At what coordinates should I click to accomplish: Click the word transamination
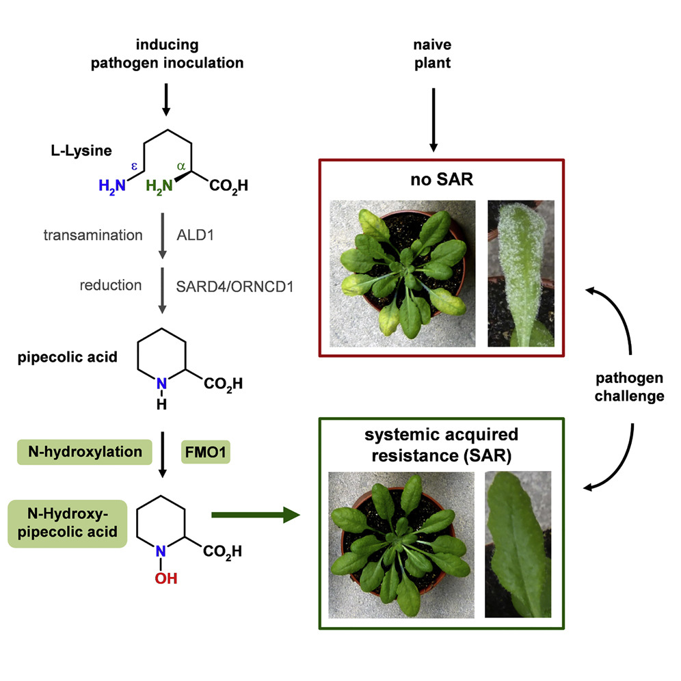coord(93,235)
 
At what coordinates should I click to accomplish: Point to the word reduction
coord(111,284)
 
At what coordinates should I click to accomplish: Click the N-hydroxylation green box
coord(84,452)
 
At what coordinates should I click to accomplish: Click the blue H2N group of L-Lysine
coord(111,186)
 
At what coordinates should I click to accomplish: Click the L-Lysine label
coord(73,148)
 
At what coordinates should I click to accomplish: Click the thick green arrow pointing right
coord(256,514)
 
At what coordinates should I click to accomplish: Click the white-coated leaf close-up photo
coord(520,272)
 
